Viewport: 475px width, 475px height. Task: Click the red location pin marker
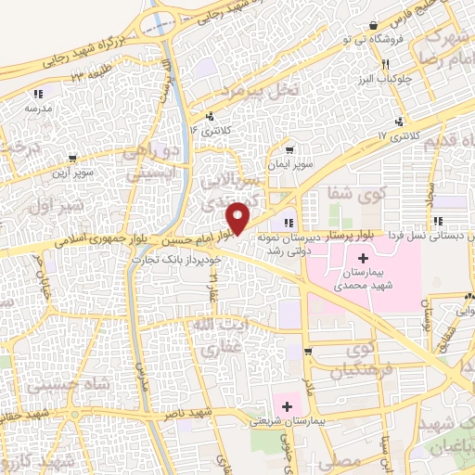click(x=239, y=218)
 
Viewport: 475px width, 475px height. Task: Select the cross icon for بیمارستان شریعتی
click(x=287, y=406)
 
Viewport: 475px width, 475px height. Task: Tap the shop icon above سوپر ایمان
click(x=289, y=150)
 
